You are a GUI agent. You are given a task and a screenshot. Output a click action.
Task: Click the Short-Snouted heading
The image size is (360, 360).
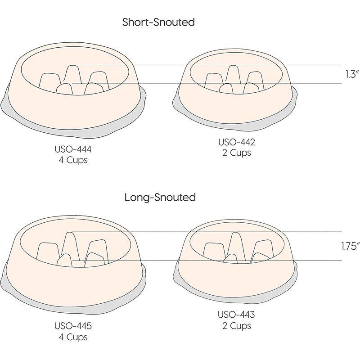click(158, 22)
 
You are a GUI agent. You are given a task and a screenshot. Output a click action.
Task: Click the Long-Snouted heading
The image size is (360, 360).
click(160, 197)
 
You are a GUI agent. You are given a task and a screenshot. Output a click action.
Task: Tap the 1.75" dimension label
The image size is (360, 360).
click(349, 246)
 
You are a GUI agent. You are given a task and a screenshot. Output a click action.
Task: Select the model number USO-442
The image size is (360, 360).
click(236, 143)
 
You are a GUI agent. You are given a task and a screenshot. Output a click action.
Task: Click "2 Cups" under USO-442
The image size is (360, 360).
click(236, 153)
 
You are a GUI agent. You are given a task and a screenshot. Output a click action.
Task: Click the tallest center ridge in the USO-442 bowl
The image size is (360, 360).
click(232, 74)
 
